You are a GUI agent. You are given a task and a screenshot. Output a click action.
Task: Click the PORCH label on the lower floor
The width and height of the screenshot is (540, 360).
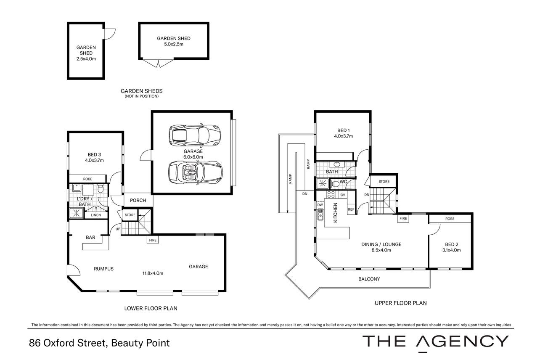(x=138, y=200)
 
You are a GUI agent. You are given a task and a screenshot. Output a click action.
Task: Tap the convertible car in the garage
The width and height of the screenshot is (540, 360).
(x=195, y=173)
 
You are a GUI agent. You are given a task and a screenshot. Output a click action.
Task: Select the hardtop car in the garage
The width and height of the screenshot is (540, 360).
(x=195, y=135)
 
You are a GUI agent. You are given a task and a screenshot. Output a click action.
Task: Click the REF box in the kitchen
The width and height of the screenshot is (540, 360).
(x=351, y=209)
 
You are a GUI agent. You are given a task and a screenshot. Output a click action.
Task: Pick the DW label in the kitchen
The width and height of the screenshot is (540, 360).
(x=320, y=205)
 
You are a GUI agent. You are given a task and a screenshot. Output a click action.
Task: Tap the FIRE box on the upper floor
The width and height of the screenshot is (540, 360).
(x=403, y=218)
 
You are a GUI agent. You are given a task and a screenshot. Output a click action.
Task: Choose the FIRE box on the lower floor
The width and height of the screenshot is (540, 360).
(x=153, y=240)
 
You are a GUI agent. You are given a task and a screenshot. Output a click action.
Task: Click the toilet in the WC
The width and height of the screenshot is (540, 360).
(x=335, y=184)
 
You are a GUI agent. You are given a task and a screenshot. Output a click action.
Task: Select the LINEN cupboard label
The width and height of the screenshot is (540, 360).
(x=96, y=215)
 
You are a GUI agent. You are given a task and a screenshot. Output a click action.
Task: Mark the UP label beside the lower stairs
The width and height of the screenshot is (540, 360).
(x=118, y=229)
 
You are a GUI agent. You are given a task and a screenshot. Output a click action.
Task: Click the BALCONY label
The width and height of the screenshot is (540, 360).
(x=369, y=279)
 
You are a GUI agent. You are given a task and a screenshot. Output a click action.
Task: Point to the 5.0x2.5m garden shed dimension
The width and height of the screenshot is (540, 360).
(x=174, y=44)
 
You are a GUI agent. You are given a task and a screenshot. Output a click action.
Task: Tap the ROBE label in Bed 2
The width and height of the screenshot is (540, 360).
(x=450, y=219)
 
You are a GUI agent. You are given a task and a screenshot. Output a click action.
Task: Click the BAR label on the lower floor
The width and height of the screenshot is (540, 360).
(x=91, y=237)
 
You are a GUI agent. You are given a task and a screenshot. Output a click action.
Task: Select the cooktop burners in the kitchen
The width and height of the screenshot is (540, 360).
(x=331, y=194)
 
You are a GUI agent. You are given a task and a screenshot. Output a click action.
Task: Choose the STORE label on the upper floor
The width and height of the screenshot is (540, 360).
(x=384, y=182)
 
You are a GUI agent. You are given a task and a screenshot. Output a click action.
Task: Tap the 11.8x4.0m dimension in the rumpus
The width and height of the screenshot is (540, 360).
(x=153, y=273)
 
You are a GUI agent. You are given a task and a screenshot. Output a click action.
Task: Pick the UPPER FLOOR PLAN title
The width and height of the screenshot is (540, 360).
(x=401, y=303)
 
